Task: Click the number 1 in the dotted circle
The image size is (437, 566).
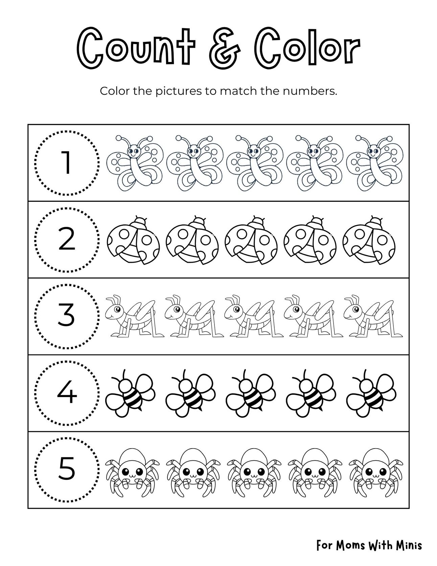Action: (x=67, y=163)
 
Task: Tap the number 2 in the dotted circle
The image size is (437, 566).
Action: (x=67, y=240)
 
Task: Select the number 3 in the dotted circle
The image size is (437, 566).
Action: (x=67, y=315)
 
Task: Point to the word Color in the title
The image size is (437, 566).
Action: (x=307, y=49)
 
